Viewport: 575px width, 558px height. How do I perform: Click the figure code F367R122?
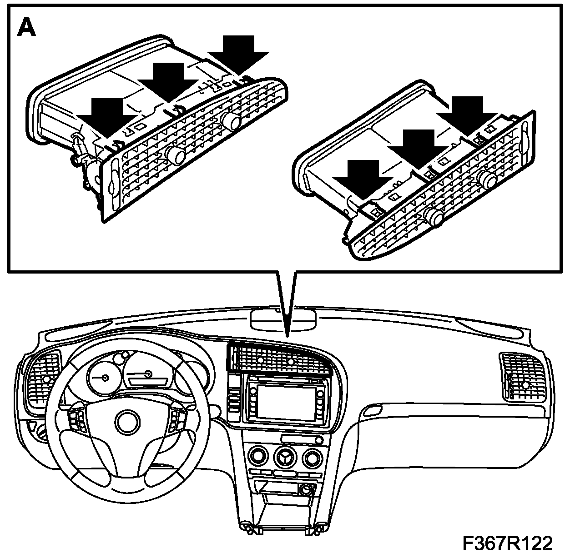pyautogui.click(x=507, y=543)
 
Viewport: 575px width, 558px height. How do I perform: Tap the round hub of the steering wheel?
pyautogui.click(x=127, y=421)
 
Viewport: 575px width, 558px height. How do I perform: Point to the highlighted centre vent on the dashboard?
pyautogui.click(x=277, y=359)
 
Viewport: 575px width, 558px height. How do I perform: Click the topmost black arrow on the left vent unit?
pyautogui.click(x=239, y=53)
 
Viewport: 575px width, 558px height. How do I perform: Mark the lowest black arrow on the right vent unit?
pyautogui.click(x=362, y=177)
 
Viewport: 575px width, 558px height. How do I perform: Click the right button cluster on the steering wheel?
pyautogui.click(x=176, y=422)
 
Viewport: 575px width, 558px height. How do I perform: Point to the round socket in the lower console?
pyautogui.click(x=305, y=490)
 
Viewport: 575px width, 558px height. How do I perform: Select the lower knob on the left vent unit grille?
pyautogui.click(x=175, y=154)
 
